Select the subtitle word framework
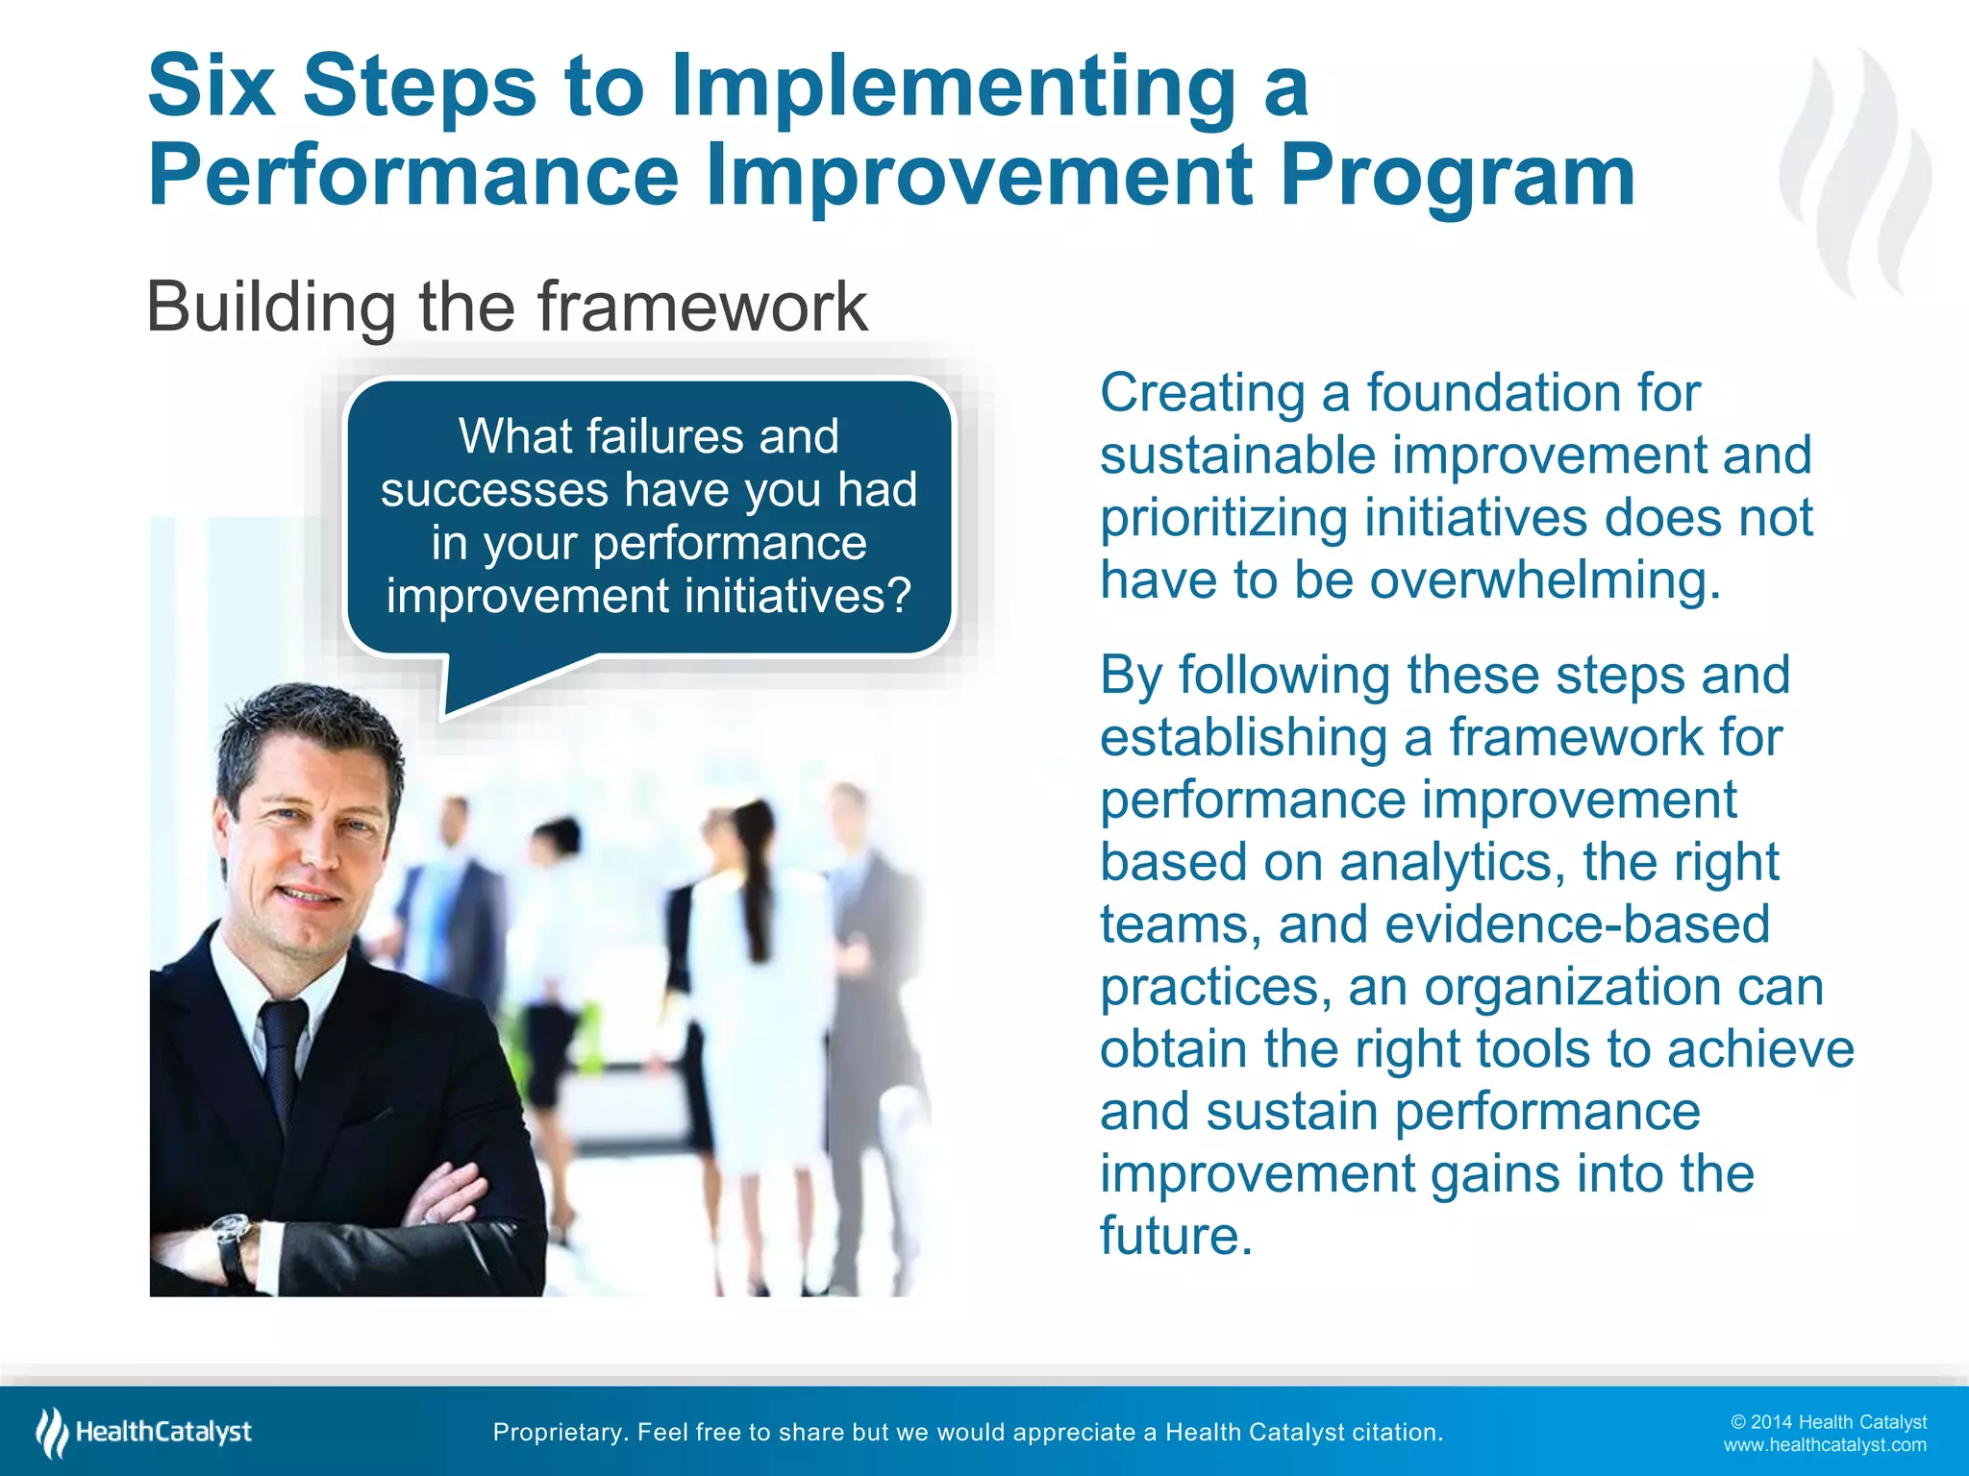702,307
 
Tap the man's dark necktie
284,1057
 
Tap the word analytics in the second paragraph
1446,862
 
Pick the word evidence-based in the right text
1577,924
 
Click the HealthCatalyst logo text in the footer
163,1432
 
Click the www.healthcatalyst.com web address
1824,1445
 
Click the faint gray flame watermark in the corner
1856,173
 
